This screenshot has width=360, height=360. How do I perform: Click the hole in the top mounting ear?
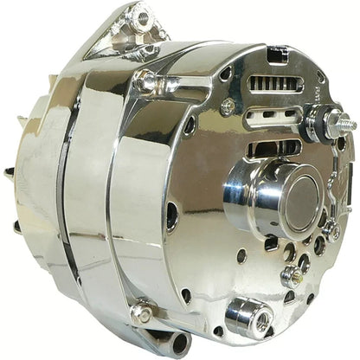click(138, 16)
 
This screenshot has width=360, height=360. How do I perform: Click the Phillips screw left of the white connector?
click(228, 106)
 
